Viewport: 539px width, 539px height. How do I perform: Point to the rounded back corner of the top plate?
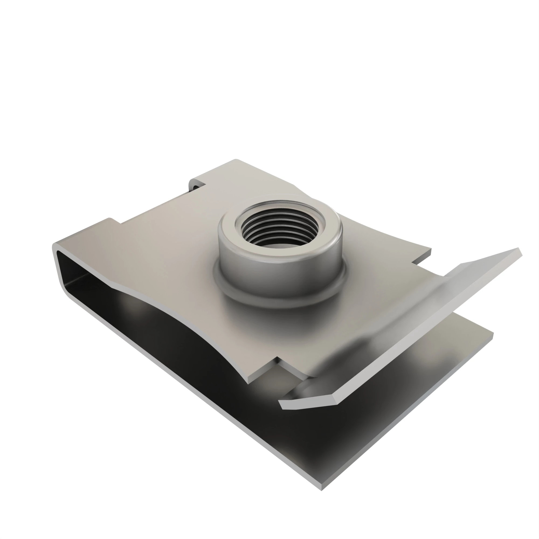236,160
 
